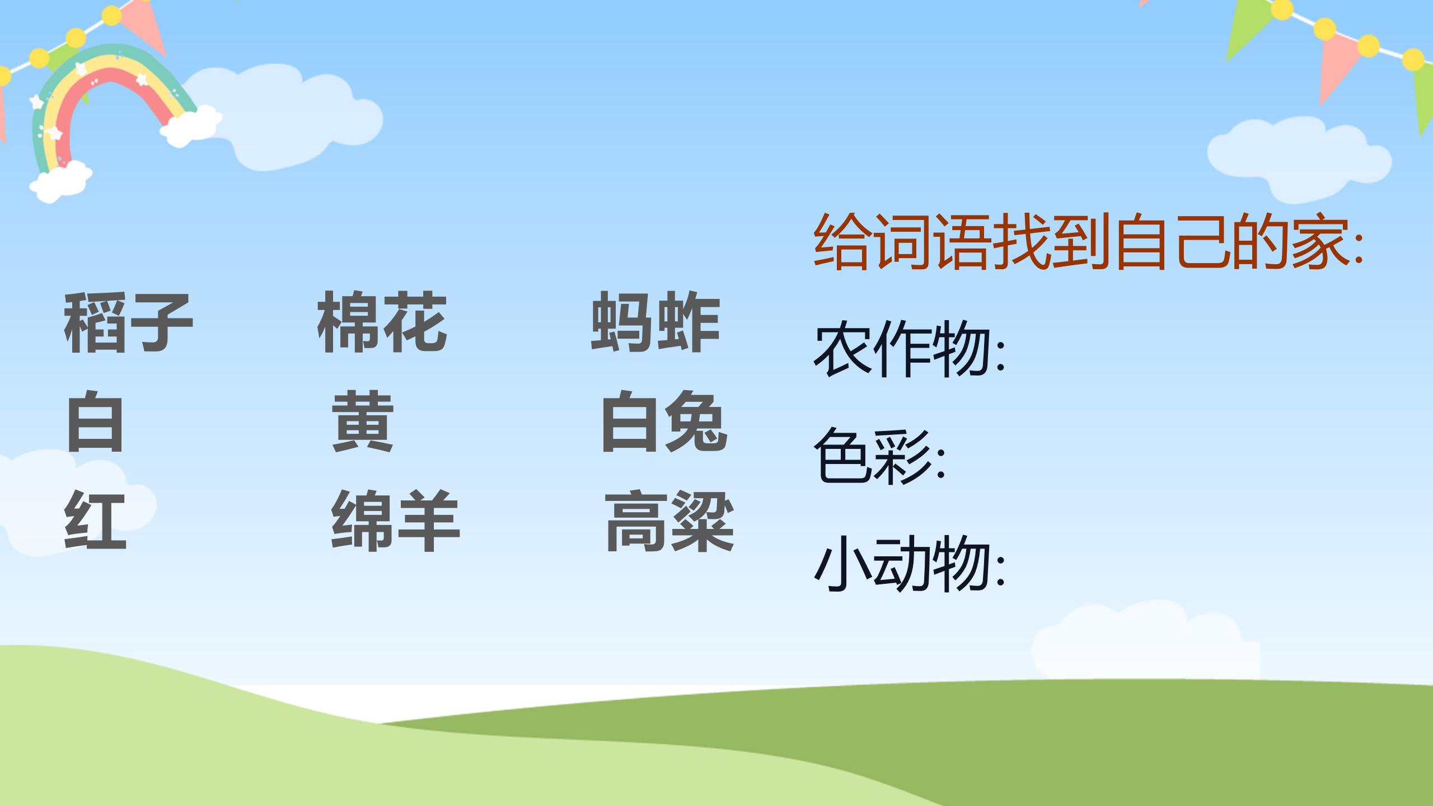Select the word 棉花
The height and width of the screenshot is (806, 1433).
click(x=382, y=322)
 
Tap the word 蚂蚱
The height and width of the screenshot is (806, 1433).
click(x=655, y=322)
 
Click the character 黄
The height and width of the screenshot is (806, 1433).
click(x=363, y=422)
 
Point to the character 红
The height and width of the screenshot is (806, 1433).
click(x=95, y=521)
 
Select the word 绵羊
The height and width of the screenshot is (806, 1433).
click(x=395, y=521)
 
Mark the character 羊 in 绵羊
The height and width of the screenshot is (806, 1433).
click(x=429, y=521)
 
